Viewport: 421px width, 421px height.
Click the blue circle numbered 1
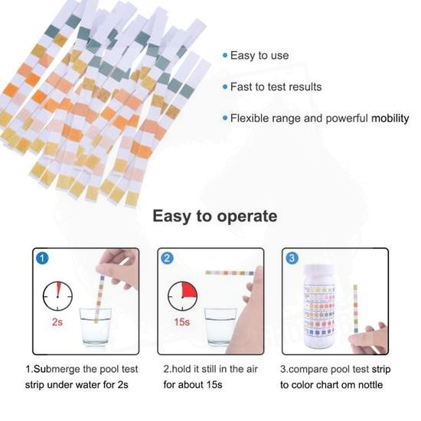pyautogui.click(x=42, y=258)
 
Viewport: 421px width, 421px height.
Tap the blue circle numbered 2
pyautogui.click(x=167, y=258)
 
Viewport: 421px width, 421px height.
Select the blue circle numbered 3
pyautogui.click(x=292, y=258)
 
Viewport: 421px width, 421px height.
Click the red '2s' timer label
pyautogui.click(x=57, y=321)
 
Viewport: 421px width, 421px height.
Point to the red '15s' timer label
pyautogui.click(x=181, y=321)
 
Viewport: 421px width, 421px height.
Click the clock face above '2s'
pyautogui.click(x=57, y=296)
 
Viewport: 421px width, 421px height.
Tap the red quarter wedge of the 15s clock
pyautogui.click(x=190, y=289)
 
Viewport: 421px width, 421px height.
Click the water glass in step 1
pyautogui.click(x=96, y=327)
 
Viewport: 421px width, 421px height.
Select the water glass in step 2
pyautogui.click(x=220, y=327)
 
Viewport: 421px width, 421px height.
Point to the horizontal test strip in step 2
pyautogui.click(x=230, y=273)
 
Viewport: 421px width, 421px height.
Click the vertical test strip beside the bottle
pyautogui.click(x=355, y=308)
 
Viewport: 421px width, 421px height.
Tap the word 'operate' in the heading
pyautogui.click(x=247, y=217)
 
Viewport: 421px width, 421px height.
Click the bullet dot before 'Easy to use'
pyautogui.click(x=225, y=56)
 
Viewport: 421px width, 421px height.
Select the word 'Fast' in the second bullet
pyautogui.click(x=241, y=86)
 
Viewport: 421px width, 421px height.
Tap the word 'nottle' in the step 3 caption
pyautogui.click(x=370, y=385)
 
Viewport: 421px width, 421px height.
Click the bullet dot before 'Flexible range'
pyautogui.click(x=225, y=118)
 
